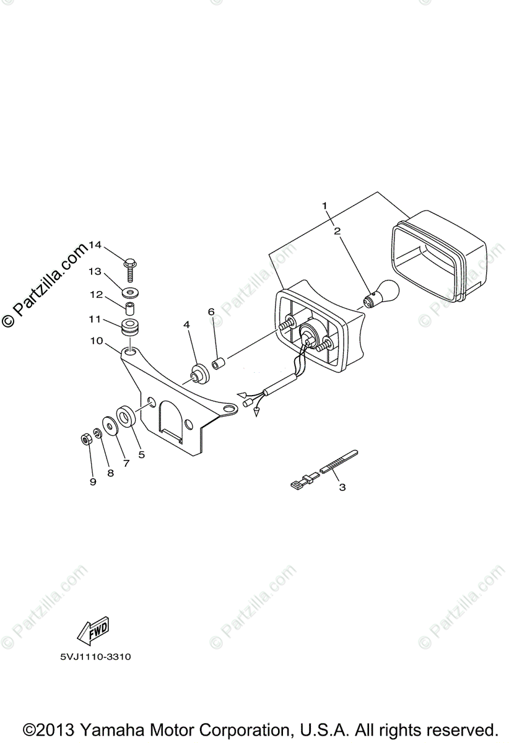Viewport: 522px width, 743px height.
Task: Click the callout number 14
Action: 94,245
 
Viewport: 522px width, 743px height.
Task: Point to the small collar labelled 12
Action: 131,308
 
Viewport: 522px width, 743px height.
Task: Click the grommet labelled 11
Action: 131,326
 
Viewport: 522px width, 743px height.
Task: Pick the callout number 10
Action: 96,341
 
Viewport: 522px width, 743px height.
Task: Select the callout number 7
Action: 126,462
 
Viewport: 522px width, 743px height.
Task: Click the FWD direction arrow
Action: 92,629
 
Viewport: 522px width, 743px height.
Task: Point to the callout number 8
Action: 110,472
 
